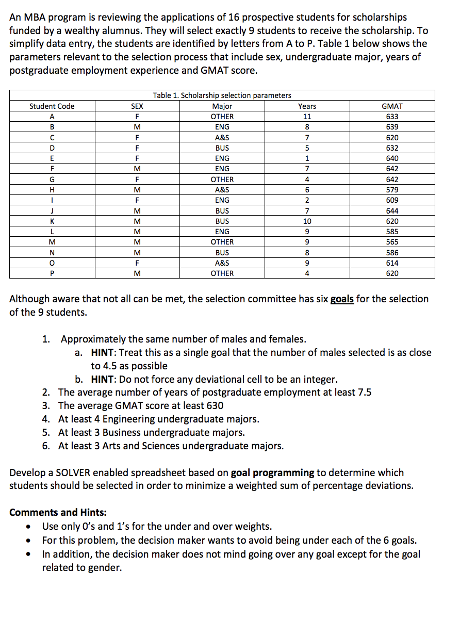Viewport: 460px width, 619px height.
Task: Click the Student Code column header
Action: (x=52, y=106)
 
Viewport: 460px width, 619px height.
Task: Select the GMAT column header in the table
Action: (x=392, y=106)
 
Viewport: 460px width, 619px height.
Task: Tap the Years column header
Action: (x=307, y=106)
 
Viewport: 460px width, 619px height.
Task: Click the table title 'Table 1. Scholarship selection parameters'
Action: (x=222, y=95)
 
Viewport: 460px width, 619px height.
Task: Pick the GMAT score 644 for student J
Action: (x=392, y=211)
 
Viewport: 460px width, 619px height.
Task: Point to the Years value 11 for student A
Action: (x=307, y=117)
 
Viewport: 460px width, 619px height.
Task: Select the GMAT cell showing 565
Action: (x=392, y=242)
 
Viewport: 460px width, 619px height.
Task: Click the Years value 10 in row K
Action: (x=307, y=221)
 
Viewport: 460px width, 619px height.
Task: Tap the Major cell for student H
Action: (x=222, y=190)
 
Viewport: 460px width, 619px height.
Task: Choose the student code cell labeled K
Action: (x=52, y=221)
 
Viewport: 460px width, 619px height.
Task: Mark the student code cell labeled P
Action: (x=52, y=273)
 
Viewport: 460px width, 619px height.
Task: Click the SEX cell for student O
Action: (x=137, y=263)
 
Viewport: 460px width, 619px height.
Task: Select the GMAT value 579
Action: (x=392, y=190)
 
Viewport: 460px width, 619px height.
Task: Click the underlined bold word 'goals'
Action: (x=342, y=299)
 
